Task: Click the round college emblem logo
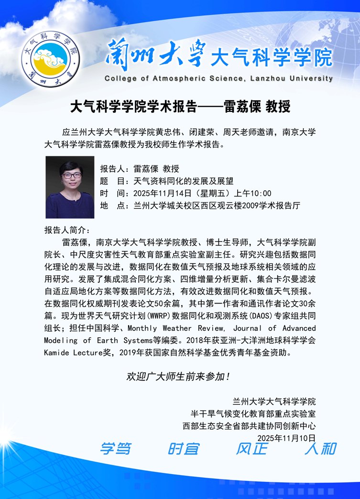[x=50, y=56]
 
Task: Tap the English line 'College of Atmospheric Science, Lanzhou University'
[x=218, y=78]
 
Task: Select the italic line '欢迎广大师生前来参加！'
[x=180, y=377]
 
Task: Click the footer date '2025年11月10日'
[x=286, y=437]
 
